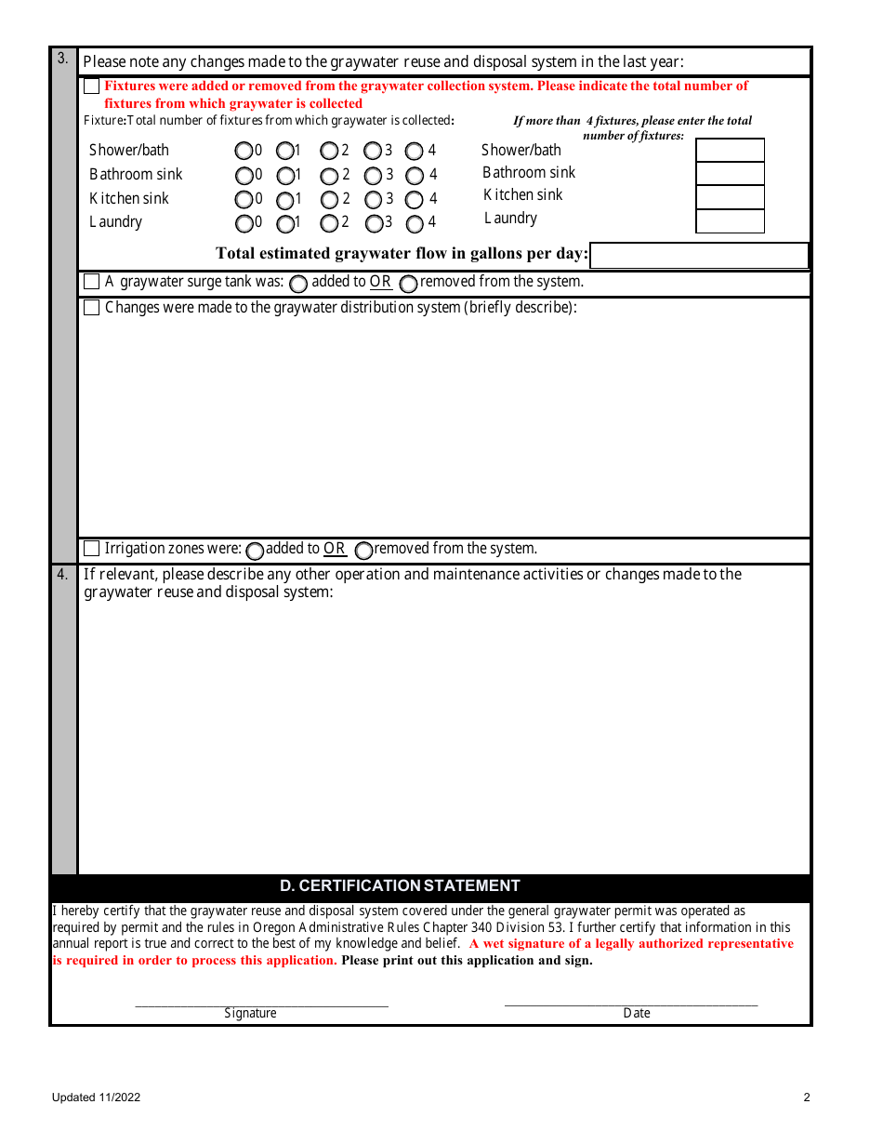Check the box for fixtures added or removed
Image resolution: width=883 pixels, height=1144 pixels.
(x=91, y=86)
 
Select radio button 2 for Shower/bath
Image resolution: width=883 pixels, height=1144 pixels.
(x=329, y=151)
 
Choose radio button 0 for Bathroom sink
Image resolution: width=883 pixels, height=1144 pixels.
(x=244, y=175)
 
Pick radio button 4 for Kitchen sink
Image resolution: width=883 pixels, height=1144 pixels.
(x=415, y=199)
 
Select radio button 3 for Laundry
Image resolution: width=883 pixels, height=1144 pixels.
(x=374, y=223)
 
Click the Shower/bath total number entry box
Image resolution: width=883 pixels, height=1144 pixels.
(x=730, y=151)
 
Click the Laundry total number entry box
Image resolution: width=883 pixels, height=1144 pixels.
(x=730, y=221)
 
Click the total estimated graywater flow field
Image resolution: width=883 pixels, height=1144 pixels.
(x=699, y=255)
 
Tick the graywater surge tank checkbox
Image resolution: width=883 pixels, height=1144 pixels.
(x=91, y=282)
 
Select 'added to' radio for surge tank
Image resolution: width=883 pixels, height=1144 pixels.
(x=298, y=283)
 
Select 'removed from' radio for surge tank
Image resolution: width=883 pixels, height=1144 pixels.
(x=408, y=283)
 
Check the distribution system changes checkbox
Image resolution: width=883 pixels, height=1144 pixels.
(x=91, y=308)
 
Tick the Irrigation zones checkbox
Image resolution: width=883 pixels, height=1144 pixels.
(x=91, y=549)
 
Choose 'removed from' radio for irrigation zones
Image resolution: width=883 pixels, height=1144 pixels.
(x=364, y=551)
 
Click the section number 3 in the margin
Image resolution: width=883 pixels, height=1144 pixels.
(x=62, y=59)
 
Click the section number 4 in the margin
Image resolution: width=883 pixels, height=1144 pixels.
(x=62, y=575)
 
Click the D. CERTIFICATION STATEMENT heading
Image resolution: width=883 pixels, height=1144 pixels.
(x=400, y=886)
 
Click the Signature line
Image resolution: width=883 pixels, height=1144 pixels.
(x=261, y=1003)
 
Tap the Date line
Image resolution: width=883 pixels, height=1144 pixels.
(x=630, y=1002)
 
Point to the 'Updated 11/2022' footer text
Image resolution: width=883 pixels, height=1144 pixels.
(x=96, y=1097)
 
